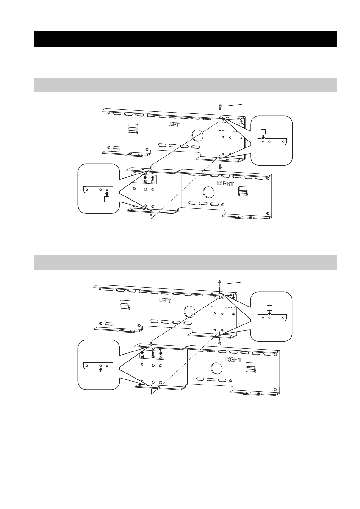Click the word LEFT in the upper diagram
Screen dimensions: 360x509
(173, 124)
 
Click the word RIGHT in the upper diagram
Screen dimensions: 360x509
(225, 183)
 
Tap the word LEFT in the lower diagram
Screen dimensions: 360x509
(165, 300)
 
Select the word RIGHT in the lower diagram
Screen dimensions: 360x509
(233, 359)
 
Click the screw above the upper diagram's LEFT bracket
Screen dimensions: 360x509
(220, 106)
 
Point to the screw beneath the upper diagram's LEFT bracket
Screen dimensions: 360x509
(220, 167)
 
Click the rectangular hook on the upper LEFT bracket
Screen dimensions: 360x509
(132, 129)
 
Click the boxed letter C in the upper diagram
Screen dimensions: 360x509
(153, 181)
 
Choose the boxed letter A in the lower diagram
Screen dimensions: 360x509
(142, 357)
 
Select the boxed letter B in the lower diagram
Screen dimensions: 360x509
(153, 357)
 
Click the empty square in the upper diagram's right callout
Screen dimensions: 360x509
(263, 131)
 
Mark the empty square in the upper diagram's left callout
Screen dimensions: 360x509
(107, 199)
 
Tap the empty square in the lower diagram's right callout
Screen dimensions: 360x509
(269, 308)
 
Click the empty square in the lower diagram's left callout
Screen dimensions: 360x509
(101, 375)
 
